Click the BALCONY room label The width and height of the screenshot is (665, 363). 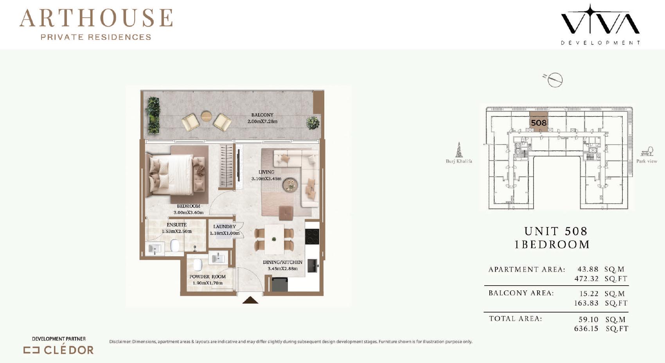[262, 115]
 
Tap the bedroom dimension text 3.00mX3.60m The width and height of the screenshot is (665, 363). [189, 212]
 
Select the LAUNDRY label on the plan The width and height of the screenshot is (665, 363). [225, 227]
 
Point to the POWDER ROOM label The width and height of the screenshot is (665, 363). [207, 277]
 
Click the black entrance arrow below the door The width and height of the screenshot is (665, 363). [250, 300]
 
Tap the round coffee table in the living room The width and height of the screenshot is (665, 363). [290, 185]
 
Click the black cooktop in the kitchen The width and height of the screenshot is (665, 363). [312, 236]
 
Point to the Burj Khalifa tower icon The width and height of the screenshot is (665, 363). [459, 150]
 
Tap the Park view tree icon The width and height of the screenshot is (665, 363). [647, 151]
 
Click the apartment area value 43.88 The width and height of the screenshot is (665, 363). [588, 269]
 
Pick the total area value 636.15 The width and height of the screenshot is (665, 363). [586, 329]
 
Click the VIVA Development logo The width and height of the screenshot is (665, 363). [600, 24]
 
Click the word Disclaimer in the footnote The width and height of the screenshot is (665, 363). [120, 342]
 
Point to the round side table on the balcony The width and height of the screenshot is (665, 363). [206, 116]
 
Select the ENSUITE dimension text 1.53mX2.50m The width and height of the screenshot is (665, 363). [177, 231]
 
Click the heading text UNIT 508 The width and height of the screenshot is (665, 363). [556, 231]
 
